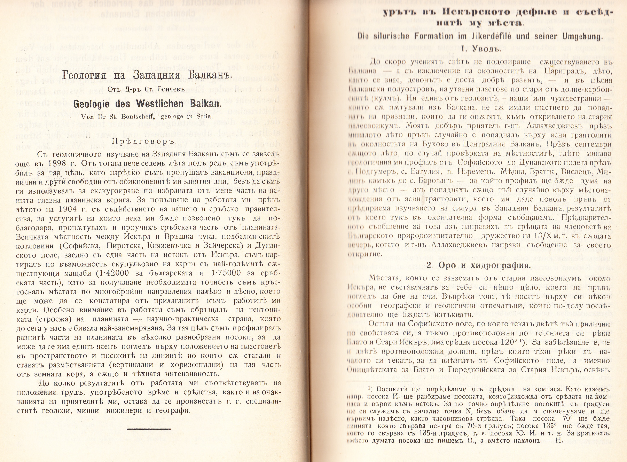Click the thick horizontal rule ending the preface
[x=148, y=429]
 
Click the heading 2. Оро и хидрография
[x=478, y=265]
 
